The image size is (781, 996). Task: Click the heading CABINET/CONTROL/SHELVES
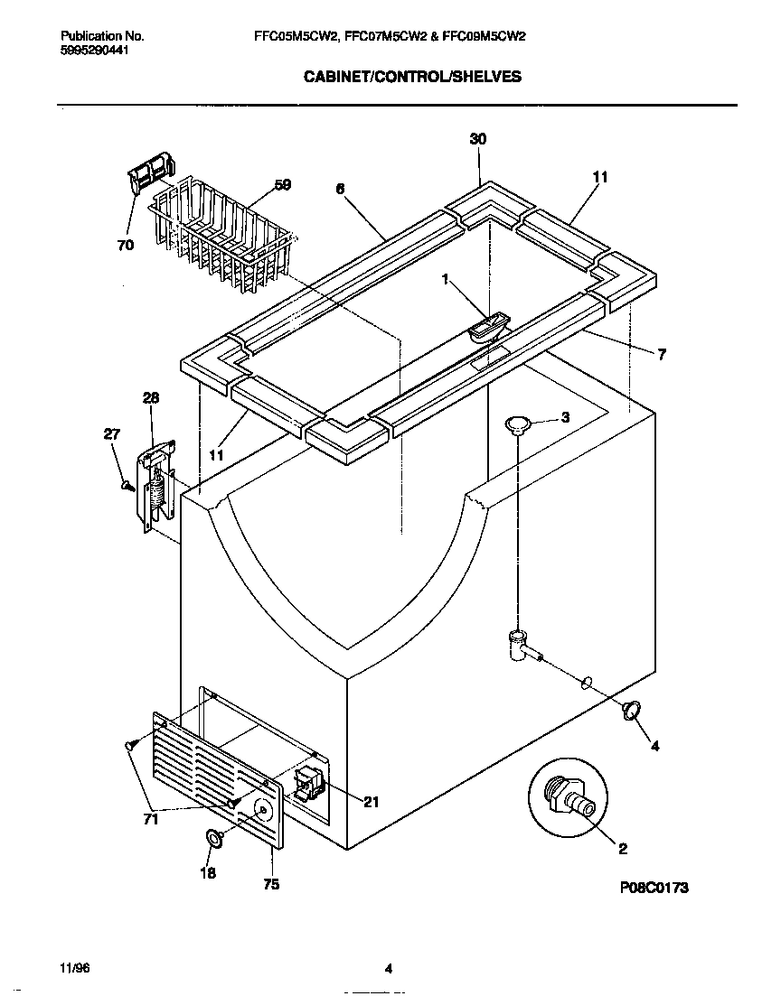[x=410, y=77]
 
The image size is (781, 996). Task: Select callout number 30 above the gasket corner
[x=478, y=138]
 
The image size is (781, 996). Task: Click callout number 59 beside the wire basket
[x=282, y=185]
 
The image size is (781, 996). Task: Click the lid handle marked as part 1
[x=489, y=327]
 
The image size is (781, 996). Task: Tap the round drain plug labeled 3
[x=517, y=424]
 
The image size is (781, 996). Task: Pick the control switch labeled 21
[x=309, y=783]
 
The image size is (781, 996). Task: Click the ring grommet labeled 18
[x=216, y=839]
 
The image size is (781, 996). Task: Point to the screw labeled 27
[x=128, y=485]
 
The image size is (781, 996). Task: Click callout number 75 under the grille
[x=270, y=885]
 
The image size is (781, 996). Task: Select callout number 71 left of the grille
[x=150, y=819]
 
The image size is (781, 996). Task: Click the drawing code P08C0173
[x=654, y=888]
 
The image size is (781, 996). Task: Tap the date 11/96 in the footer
[x=75, y=969]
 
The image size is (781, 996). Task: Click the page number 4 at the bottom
[x=388, y=970]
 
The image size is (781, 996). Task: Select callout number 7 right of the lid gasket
[x=662, y=355]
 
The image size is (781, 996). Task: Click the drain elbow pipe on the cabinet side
[x=522, y=647]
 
